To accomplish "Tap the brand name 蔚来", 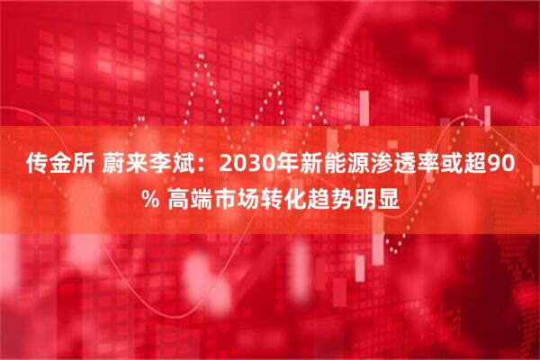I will coord(115,164).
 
